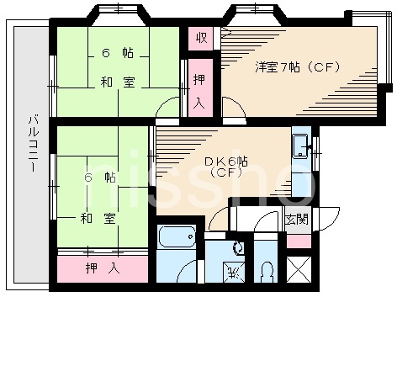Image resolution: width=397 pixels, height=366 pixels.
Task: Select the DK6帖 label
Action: [x=226, y=160]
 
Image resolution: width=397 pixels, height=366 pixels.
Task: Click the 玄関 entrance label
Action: [x=296, y=220]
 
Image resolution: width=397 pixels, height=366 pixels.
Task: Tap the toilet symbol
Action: [x=266, y=271]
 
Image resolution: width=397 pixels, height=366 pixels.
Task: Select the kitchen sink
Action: [x=299, y=150]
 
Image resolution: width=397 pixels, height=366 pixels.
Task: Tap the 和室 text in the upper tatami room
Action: [x=118, y=82]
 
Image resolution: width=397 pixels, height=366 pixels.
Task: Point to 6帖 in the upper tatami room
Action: [x=118, y=53]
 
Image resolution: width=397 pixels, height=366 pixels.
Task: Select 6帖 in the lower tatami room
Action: [x=98, y=178]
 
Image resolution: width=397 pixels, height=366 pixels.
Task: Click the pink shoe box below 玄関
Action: [x=298, y=241]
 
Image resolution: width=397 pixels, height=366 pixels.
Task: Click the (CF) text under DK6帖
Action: [x=226, y=173]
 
